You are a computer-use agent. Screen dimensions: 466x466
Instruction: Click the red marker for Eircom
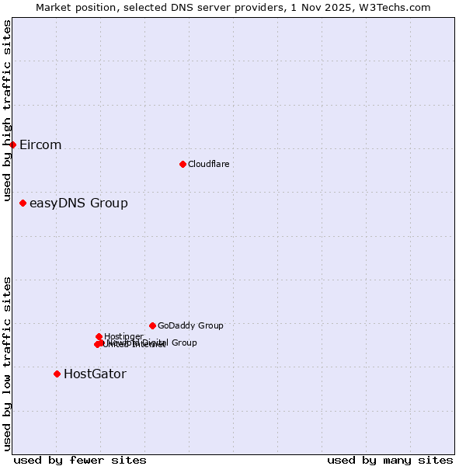coord(13,144)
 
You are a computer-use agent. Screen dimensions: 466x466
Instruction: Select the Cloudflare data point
coord(183,164)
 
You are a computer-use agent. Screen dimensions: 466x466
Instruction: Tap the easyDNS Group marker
coord(23,203)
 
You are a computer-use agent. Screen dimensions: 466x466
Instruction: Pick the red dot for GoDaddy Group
coord(152,325)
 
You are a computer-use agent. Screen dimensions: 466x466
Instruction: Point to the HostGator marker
coord(57,374)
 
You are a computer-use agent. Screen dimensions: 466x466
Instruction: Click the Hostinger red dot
coord(99,336)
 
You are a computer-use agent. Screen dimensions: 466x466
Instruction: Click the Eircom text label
coord(40,145)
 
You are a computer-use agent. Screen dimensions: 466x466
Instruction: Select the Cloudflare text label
coord(209,164)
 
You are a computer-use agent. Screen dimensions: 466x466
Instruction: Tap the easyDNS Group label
coord(78,203)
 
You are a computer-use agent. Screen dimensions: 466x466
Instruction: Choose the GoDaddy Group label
coord(190,326)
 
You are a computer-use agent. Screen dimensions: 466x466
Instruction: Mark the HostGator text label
coord(95,374)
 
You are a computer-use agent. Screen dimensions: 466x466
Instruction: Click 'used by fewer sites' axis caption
coord(80,460)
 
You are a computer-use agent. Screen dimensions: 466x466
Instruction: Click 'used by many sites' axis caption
coord(390,460)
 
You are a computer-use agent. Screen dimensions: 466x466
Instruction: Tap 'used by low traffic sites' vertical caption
coord(8,363)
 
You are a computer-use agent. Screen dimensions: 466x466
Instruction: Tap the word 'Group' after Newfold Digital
coord(184,343)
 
